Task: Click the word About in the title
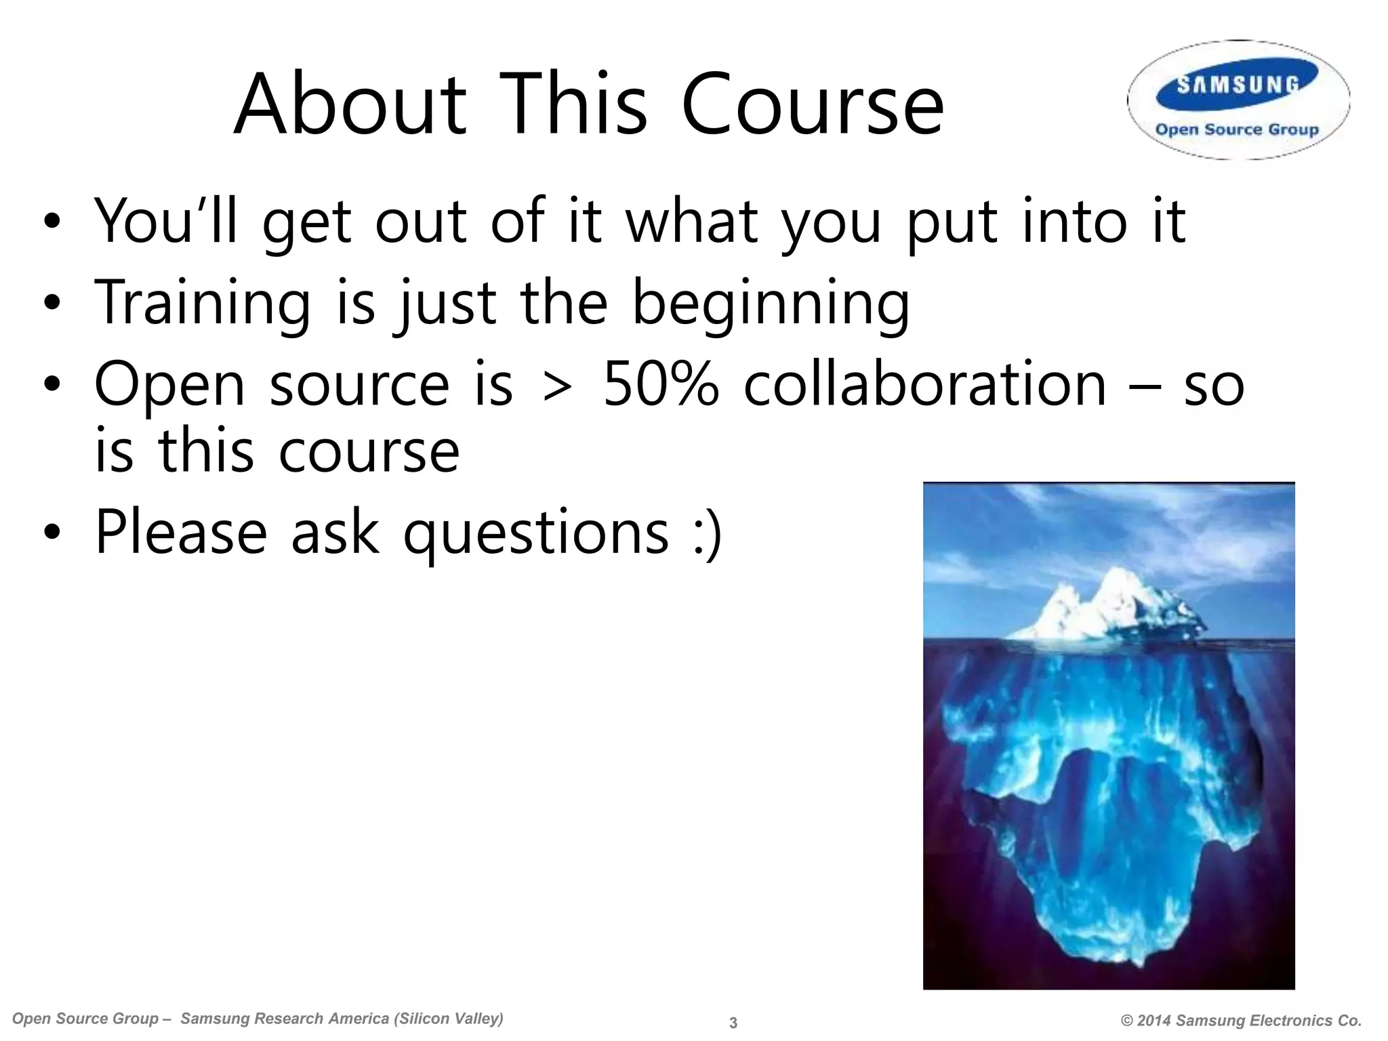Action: pos(350,105)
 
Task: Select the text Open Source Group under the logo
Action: pos(1237,129)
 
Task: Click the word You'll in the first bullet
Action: pos(166,220)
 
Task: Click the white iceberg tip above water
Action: pos(1111,603)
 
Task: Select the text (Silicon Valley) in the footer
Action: pos(448,1019)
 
